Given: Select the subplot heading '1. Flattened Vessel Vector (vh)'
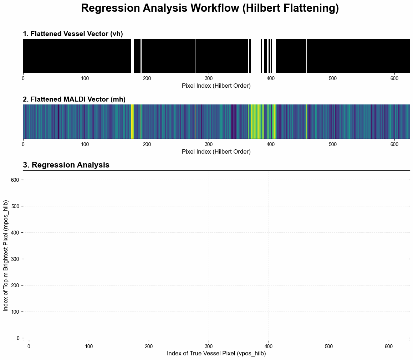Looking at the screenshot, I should coord(73,34).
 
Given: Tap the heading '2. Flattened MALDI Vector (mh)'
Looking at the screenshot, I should coord(74,99).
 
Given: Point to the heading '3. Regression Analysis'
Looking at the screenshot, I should coord(66,165).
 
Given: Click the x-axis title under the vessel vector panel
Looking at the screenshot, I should coord(216,86).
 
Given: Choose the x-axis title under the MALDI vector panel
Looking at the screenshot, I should coord(216,151).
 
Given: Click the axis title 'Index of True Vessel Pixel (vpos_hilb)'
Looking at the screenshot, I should coord(216,353).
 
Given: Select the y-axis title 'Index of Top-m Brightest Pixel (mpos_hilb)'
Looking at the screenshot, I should coord(6,256).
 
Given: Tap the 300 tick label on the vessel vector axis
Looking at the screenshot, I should coord(209,78).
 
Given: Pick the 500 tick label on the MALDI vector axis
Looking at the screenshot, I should coord(333,144).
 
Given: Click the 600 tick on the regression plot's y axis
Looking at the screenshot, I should coord(15,180).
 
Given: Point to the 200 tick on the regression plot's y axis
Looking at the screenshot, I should coord(15,285).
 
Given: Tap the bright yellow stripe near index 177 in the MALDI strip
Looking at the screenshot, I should coord(133,121).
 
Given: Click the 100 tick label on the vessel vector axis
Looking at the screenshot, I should coord(85,78).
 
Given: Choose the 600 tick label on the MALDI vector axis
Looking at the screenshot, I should coord(394,144).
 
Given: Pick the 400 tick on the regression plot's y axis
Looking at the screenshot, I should coord(15,233).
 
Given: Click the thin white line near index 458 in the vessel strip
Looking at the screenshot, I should coord(307,56).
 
